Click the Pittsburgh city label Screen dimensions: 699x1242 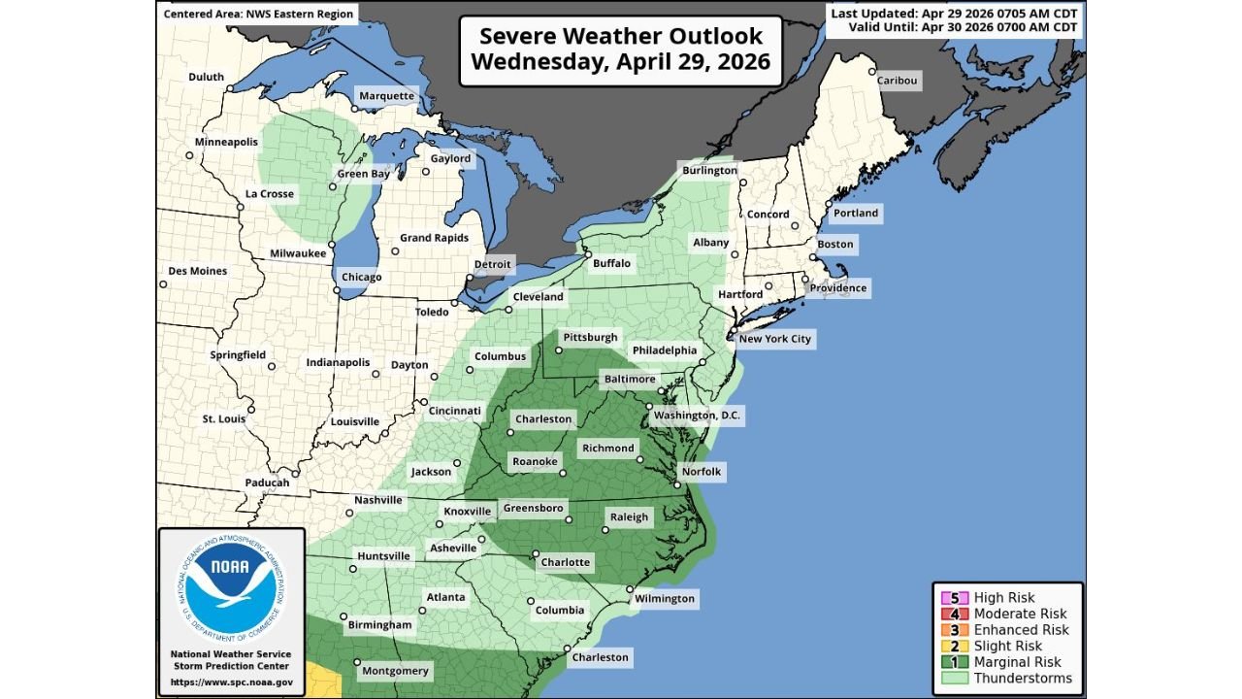[590, 338]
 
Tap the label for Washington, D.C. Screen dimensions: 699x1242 [697, 416]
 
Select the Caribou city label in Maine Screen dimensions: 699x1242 [897, 81]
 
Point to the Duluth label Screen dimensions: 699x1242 [206, 77]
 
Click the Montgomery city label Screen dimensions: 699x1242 [395, 671]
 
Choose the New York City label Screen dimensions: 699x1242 [774, 339]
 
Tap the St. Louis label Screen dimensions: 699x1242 [223, 419]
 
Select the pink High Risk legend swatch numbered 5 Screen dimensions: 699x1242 [952, 598]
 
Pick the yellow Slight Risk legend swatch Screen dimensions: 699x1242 [952, 646]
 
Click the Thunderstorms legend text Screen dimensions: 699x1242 [1023, 678]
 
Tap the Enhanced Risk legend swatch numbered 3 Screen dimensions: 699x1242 [952, 630]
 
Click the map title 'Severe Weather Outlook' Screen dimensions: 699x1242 [621, 37]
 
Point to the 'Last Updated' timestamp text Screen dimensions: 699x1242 [954, 13]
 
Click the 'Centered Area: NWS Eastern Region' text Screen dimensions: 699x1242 [258, 14]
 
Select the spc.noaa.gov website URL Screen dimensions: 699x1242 [231, 682]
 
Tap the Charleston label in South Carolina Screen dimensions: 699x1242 [599, 657]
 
